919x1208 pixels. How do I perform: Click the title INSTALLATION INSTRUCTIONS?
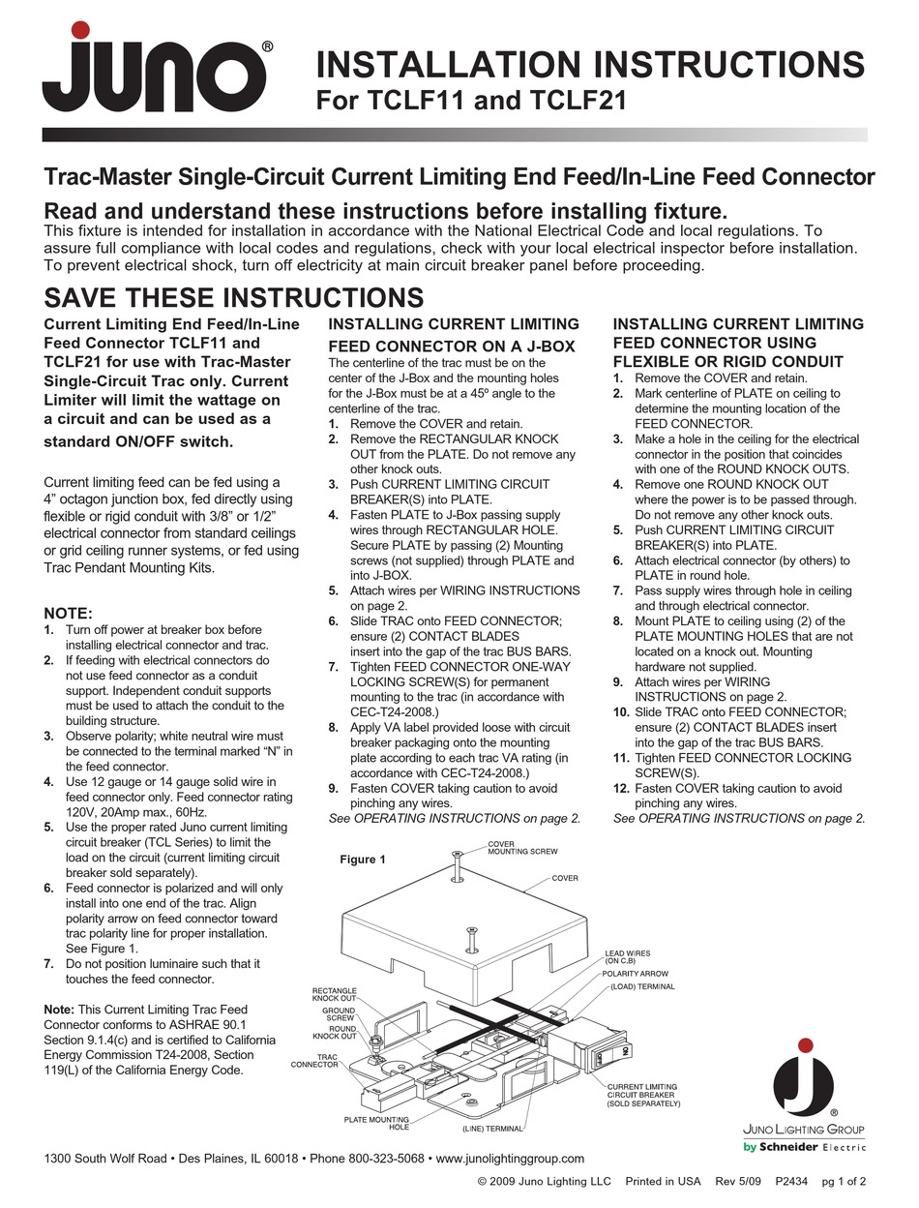pos(591,65)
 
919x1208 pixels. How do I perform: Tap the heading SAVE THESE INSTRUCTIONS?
pos(234,297)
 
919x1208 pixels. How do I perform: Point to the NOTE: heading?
pos(69,613)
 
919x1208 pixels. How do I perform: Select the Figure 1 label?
pos(363,860)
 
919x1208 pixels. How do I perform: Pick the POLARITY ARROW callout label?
pos(635,973)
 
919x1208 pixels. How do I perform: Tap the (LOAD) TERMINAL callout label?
pos(641,986)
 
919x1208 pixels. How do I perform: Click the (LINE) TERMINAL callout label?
pos(492,1129)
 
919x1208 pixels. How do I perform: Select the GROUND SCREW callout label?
pos(339,1014)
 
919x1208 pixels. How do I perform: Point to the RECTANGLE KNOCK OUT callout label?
pos(334,994)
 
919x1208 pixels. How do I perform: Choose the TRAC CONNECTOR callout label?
pos(314,1061)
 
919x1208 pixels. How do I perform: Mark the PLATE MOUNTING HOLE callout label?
pos(376,1123)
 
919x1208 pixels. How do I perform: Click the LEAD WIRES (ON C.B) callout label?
pos(628,956)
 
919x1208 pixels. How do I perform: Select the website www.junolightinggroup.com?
pos(511,1159)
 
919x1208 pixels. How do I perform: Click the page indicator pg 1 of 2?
pos(844,1181)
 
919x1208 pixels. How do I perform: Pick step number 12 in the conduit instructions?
pos(621,788)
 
